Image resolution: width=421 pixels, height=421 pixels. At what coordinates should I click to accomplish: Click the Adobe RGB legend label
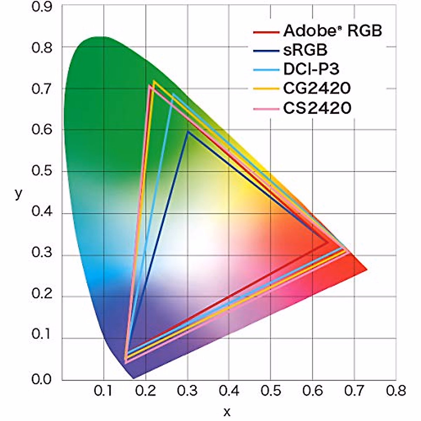click(x=332, y=31)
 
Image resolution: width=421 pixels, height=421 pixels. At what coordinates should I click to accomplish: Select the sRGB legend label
click(x=305, y=50)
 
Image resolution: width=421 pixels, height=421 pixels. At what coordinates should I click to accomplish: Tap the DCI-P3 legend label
click(x=311, y=69)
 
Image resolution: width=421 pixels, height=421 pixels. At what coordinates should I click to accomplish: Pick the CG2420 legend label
click(x=317, y=88)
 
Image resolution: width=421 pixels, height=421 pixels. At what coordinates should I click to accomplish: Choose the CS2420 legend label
click(x=317, y=108)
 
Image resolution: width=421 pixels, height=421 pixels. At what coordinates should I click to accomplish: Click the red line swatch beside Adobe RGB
click(x=266, y=32)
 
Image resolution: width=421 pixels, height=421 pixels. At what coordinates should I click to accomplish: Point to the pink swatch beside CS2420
click(x=266, y=109)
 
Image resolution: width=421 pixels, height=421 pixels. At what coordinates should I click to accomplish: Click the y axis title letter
click(x=18, y=193)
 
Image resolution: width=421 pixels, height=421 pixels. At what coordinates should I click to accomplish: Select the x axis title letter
click(x=227, y=411)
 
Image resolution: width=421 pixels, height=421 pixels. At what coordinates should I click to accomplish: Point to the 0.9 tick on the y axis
click(x=42, y=7)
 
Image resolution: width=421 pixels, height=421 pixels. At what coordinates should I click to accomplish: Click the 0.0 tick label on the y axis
click(x=42, y=380)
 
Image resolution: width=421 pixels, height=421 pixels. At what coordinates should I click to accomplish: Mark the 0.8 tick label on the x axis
click(x=396, y=390)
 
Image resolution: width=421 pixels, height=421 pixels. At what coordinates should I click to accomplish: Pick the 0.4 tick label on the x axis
click(x=229, y=390)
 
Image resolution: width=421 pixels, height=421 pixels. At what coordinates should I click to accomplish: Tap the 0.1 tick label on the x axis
click(x=104, y=390)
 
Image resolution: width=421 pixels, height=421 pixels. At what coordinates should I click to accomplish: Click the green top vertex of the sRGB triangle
click(x=188, y=132)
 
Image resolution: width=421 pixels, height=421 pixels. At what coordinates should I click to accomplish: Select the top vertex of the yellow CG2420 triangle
click(x=154, y=82)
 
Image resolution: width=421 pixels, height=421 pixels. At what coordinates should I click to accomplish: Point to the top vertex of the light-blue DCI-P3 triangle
click(x=173, y=94)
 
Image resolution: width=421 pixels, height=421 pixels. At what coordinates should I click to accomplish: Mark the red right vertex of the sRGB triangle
click(x=328, y=242)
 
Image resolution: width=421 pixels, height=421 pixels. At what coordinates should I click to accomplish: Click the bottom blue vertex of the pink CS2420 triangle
click(x=126, y=362)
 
